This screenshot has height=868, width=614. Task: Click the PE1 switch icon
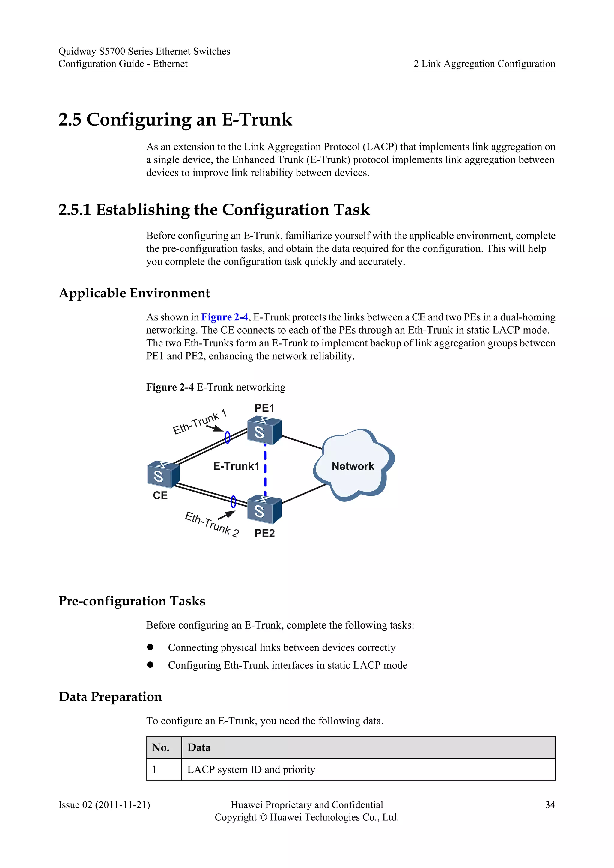[x=264, y=431]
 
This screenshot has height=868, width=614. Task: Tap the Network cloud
[x=353, y=466]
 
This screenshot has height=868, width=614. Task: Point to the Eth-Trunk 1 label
[x=199, y=422]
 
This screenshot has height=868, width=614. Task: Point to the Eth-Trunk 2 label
[x=212, y=524]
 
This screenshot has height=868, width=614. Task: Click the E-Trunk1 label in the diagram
[x=236, y=466]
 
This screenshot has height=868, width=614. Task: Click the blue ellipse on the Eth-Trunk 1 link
[x=228, y=437]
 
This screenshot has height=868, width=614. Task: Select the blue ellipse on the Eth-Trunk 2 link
[x=233, y=502]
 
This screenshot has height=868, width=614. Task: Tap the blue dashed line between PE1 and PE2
[x=265, y=469]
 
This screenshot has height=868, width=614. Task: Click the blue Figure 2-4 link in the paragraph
[x=225, y=317]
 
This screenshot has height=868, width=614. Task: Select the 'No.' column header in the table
[x=161, y=748]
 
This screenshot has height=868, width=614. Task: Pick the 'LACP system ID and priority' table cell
[x=251, y=770]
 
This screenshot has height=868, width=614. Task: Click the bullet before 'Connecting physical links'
[x=151, y=647]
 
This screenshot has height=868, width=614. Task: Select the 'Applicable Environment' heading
[x=134, y=293]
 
